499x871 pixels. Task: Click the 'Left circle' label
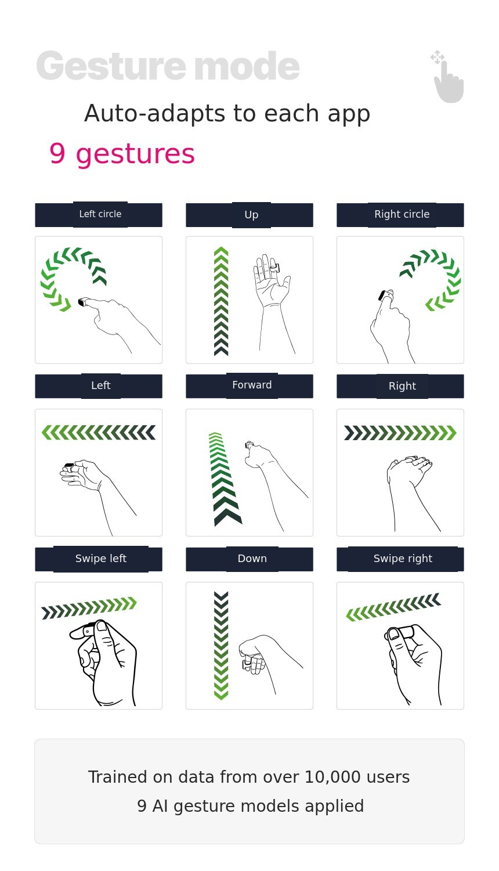(100, 214)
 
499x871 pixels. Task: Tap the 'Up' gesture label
(251, 215)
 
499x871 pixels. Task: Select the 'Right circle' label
(402, 214)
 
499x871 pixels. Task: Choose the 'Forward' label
(252, 385)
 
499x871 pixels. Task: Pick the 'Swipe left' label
(100, 559)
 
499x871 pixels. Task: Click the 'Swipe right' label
(403, 559)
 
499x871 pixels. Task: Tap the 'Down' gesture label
(252, 559)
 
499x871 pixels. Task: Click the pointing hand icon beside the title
(448, 77)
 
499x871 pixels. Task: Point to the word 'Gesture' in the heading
(111, 66)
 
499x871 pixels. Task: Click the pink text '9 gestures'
(122, 154)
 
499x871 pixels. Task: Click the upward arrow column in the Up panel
(221, 301)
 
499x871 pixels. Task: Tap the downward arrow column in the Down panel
(221, 646)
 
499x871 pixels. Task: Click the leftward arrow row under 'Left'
(99, 433)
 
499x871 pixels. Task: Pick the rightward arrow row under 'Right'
(400, 433)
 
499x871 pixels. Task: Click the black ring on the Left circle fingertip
(82, 302)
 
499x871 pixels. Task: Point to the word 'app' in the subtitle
(349, 114)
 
